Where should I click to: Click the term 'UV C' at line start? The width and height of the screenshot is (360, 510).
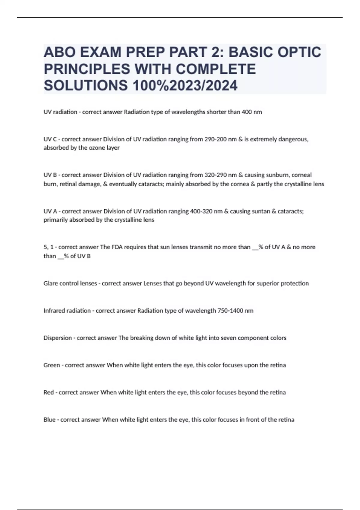50,139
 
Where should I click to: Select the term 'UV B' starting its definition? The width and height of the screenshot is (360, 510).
50,175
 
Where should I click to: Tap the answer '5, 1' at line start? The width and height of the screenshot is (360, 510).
48,247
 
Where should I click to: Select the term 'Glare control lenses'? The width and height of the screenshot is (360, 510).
70,283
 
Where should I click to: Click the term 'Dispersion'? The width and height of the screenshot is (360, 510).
58,338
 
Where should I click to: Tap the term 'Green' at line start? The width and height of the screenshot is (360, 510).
52,365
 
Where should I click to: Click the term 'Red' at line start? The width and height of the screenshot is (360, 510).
49,392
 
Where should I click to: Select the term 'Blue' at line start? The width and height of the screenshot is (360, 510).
49,420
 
